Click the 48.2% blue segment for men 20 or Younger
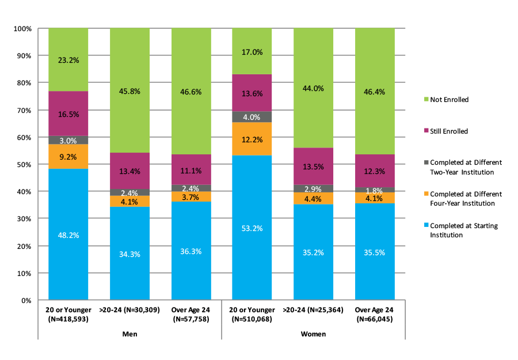coord(68,234)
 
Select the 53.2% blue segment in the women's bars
coord(252,228)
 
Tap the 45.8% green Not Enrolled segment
coord(129,90)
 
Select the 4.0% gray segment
coord(252,117)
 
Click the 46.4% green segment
coord(375,91)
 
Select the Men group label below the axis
coord(129,334)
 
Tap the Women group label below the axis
coord(313,334)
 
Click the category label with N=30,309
coord(129,310)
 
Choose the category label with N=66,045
coord(375,314)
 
